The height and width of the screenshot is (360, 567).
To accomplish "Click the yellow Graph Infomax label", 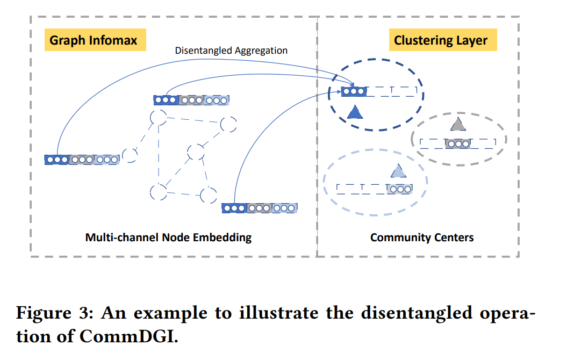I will (94, 40).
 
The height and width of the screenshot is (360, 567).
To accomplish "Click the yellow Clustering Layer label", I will (441, 40).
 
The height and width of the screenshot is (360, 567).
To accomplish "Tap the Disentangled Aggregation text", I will (231, 51).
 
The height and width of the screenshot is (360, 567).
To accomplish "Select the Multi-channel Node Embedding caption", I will (168, 237).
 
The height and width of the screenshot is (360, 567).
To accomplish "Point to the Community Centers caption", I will (422, 237).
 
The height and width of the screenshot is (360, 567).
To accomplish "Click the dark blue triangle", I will (355, 112).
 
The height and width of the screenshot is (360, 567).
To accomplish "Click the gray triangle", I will (457, 124).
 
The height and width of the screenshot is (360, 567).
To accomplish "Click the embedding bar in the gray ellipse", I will (457, 143).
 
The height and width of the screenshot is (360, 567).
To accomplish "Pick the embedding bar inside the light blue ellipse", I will (375, 189).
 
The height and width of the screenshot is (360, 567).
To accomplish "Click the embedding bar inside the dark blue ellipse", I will (379, 92).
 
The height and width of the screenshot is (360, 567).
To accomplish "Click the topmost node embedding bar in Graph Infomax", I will (191, 100).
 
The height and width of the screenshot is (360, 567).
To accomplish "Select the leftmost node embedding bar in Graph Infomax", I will (82, 160).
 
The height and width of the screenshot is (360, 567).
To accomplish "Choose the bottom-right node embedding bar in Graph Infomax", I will (260, 208).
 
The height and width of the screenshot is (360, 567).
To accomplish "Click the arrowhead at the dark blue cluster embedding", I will (351, 85).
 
